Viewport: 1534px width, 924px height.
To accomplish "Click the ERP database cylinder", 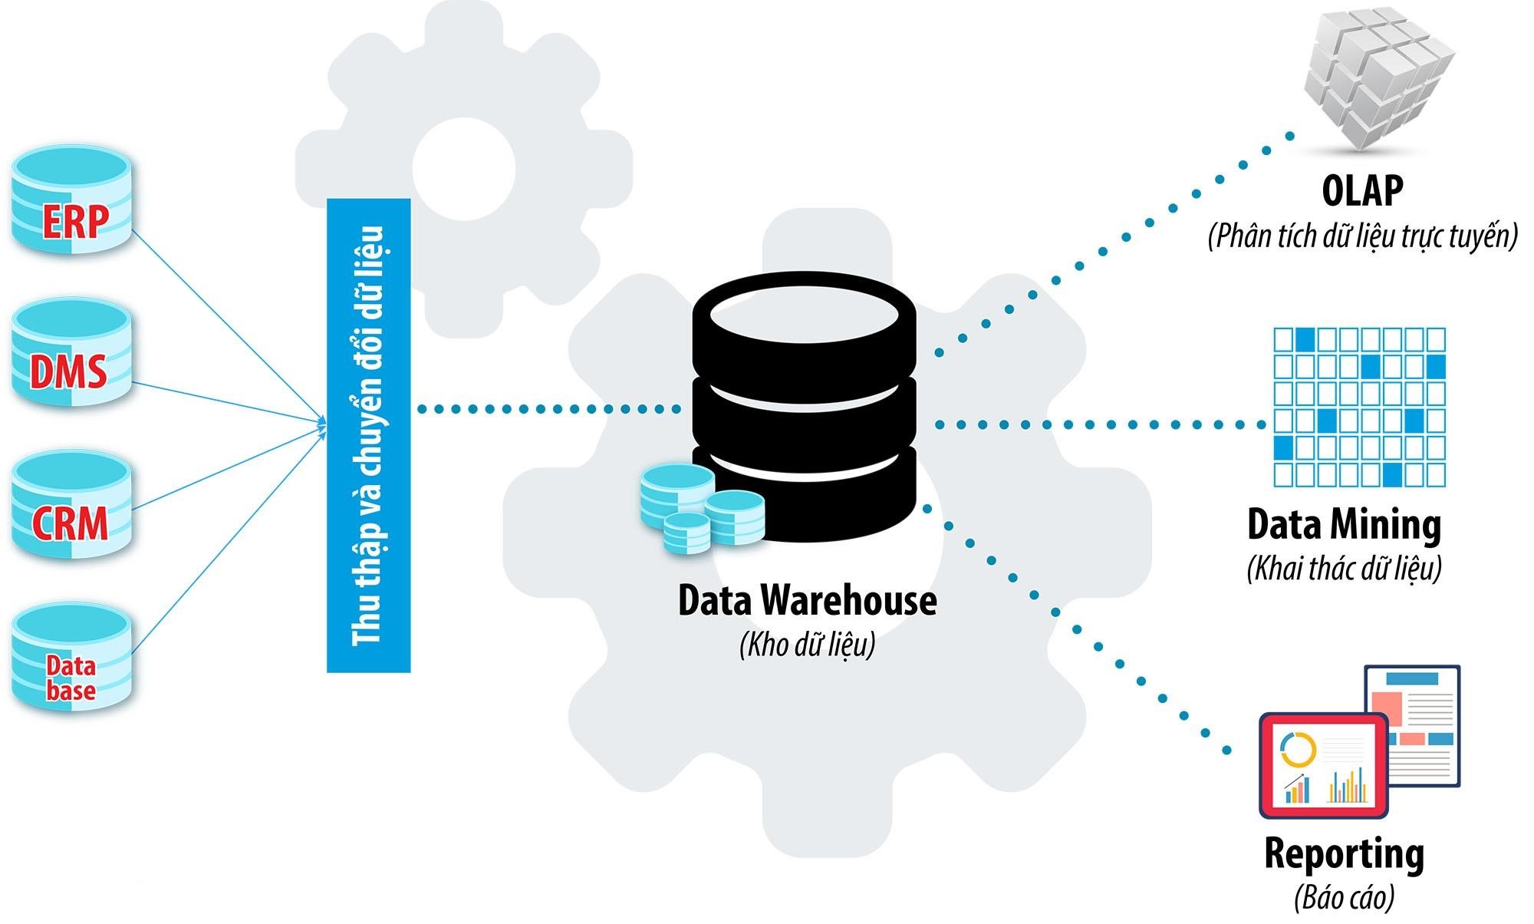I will pos(71,201).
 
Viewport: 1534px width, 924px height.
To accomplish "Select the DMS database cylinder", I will pos(71,353).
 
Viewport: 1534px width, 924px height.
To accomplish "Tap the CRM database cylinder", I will pos(71,505).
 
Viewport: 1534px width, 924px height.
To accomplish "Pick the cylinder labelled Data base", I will pos(71,657).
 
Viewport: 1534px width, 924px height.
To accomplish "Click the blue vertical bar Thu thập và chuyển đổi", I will pos(369,436).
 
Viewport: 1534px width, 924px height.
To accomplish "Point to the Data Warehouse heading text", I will pos(807,600).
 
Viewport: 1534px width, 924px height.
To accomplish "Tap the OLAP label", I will pos(1362,190).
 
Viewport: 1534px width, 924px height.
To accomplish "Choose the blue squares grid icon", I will pos(1359,408).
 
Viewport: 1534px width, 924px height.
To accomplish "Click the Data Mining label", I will pos(1344,525).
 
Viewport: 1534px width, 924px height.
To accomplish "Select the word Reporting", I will pos(1344,853).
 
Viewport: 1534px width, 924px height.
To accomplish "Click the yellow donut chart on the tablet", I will pos(1298,750).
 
